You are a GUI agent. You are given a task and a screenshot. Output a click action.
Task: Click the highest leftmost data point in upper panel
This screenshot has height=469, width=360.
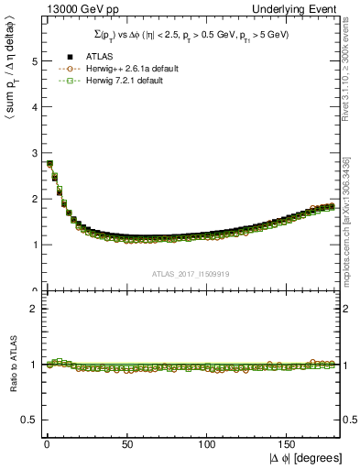coord(49,163)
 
